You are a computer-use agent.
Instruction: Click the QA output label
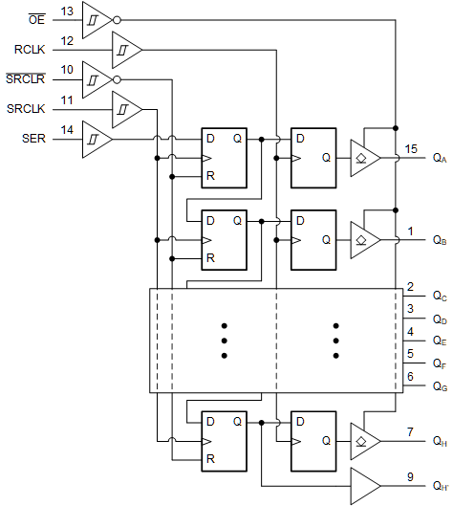(439, 159)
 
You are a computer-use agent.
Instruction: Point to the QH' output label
(440, 486)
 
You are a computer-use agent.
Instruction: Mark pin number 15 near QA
(411, 148)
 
